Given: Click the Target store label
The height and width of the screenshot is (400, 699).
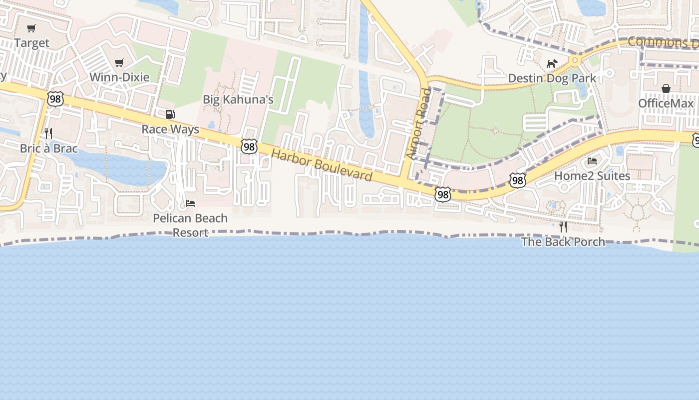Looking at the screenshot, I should tap(32, 43).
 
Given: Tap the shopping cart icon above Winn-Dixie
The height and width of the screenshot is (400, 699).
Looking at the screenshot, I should tap(119, 62).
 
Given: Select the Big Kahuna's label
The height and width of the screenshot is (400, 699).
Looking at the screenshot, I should tap(238, 99).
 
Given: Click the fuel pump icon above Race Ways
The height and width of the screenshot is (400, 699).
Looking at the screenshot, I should tap(170, 114).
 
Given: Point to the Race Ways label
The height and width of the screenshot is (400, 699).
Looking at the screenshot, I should tap(170, 129).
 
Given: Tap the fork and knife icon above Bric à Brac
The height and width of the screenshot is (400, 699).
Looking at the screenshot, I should tap(48, 133).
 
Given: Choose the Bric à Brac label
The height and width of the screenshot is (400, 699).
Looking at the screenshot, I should tap(48, 149).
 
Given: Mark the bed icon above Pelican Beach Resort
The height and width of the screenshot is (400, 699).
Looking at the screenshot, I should tap(190, 203).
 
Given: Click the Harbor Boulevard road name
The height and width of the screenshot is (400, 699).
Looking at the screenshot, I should tap(322, 165).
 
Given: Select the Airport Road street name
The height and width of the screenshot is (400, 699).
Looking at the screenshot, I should tap(418, 123).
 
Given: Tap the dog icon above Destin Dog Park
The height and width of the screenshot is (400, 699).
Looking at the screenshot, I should tap(552, 63).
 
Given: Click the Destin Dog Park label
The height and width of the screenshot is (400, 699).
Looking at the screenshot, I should tap(552, 78).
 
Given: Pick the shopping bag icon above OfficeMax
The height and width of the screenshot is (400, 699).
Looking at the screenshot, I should tap(666, 88).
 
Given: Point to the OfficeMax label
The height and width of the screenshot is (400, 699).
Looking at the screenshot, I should tap(666, 103).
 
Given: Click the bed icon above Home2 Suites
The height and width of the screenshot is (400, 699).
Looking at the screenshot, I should tap(592, 161).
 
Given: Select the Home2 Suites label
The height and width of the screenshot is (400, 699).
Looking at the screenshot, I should tap(592, 176).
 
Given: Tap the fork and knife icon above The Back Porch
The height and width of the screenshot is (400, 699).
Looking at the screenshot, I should tap(563, 227).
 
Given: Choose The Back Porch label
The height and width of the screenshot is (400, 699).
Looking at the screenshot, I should tap(563, 242).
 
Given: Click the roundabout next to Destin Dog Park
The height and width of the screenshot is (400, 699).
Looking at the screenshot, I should tap(575, 60).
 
